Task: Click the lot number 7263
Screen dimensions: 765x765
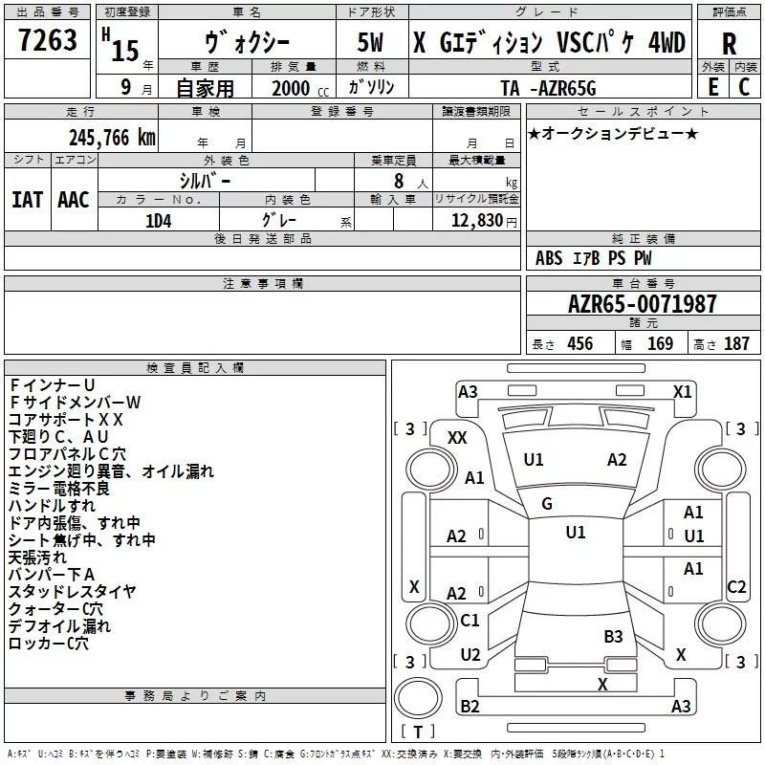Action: click(x=48, y=40)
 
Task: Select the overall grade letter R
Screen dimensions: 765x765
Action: click(x=729, y=44)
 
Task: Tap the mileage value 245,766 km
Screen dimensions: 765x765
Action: click(x=112, y=138)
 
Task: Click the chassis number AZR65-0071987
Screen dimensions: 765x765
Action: click(x=643, y=304)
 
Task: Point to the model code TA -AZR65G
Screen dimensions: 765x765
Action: click(x=548, y=88)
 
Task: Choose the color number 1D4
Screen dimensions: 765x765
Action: click(x=159, y=221)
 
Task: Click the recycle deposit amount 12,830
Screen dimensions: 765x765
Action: click(x=476, y=221)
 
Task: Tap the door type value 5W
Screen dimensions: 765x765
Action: click(x=370, y=42)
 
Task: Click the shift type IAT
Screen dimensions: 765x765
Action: click(x=27, y=200)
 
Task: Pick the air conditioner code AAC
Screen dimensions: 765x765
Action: click(x=74, y=200)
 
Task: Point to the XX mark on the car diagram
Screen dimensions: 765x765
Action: click(x=457, y=438)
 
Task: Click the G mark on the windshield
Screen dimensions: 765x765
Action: click(x=547, y=504)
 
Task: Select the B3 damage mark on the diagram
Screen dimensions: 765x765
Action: click(x=613, y=637)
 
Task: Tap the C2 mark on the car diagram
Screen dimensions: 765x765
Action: click(x=736, y=586)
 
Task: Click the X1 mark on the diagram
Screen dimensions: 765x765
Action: click(x=683, y=392)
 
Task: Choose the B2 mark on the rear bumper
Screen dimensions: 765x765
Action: click(x=470, y=706)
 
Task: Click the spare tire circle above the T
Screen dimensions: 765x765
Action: click(x=418, y=698)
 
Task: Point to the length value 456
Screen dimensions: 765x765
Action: click(x=580, y=344)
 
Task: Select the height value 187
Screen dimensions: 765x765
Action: click(x=736, y=344)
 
